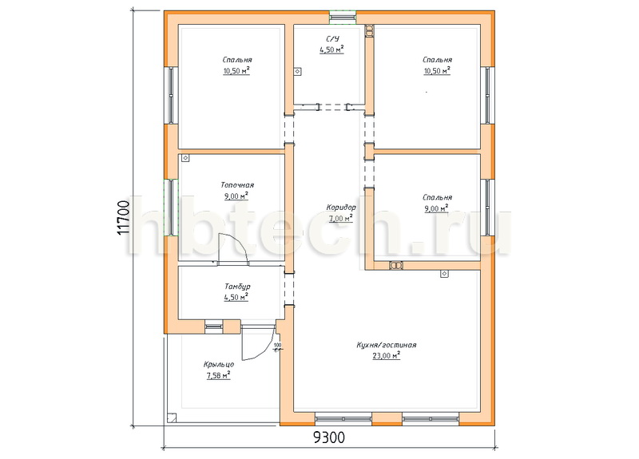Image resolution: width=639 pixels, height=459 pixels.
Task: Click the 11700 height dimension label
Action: pyautogui.click(x=124, y=217)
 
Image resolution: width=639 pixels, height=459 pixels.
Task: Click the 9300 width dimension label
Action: pyautogui.click(x=329, y=437)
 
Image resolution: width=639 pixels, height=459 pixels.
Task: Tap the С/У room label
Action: pyautogui.click(x=332, y=38)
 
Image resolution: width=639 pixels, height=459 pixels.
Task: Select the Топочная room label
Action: pyautogui.click(x=237, y=185)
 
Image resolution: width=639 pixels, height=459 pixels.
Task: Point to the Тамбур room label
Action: pyautogui.click(x=237, y=287)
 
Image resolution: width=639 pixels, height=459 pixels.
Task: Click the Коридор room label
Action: pyautogui.click(x=341, y=208)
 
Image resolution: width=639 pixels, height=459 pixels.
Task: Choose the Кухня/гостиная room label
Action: pyautogui.click(x=387, y=345)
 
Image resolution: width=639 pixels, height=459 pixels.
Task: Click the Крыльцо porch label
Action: pyautogui.click(x=219, y=365)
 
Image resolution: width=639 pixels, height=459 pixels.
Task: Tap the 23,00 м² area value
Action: pyautogui.click(x=386, y=355)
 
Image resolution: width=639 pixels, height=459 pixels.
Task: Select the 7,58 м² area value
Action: pyautogui.click(x=218, y=375)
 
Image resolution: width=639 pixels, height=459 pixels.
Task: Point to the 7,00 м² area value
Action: pyautogui.click(x=341, y=219)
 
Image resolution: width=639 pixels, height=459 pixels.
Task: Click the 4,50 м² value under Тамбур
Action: pyautogui.click(x=236, y=297)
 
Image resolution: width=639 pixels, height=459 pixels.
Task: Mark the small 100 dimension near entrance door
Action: pyautogui.click(x=277, y=346)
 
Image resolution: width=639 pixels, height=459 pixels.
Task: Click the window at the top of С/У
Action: pyautogui.click(x=343, y=17)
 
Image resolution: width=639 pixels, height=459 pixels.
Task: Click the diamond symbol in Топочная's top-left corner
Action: pyautogui.click(x=185, y=157)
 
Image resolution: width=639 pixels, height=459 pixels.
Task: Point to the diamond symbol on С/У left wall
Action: pyautogui.click(x=298, y=72)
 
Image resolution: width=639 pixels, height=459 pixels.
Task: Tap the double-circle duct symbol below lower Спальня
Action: pyautogui.click(x=395, y=266)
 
